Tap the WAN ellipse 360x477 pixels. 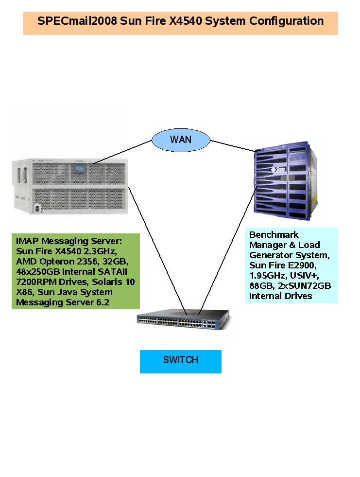click(x=181, y=140)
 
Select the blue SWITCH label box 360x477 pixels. click(x=180, y=361)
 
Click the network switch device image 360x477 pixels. click(x=184, y=321)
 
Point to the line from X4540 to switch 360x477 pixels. click(x=156, y=248)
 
